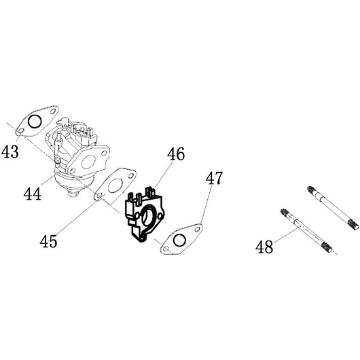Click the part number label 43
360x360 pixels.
click(x=10, y=152)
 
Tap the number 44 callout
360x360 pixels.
click(x=33, y=194)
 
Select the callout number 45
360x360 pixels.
click(x=48, y=241)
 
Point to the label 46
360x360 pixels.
click(x=176, y=154)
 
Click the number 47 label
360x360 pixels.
click(x=214, y=178)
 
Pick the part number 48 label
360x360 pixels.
click(x=264, y=247)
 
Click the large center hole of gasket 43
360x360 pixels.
click(x=35, y=122)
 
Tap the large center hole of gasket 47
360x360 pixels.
click(x=179, y=240)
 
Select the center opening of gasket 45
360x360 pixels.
click(x=115, y=185)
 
